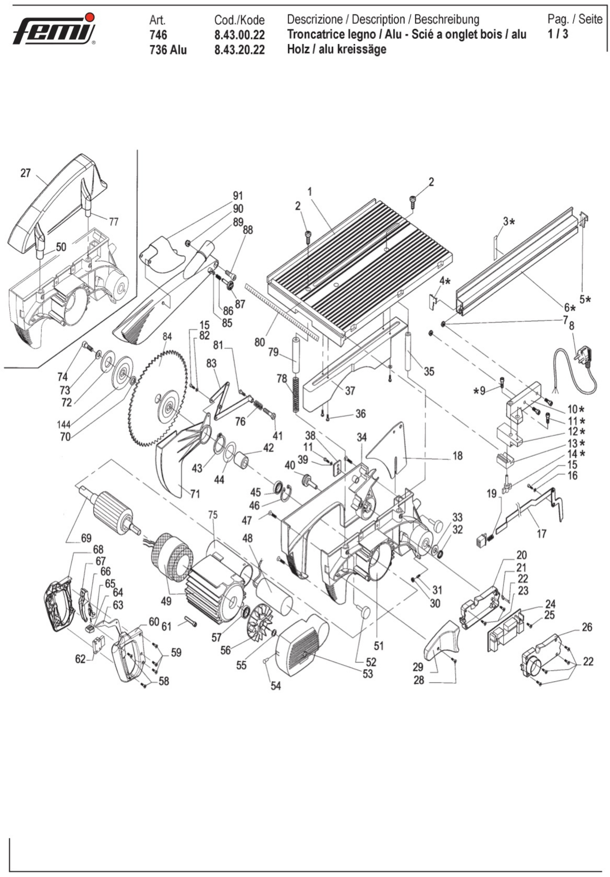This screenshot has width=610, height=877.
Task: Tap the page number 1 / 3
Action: click(558, 34)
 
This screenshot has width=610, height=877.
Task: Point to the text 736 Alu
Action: click(168, 50)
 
